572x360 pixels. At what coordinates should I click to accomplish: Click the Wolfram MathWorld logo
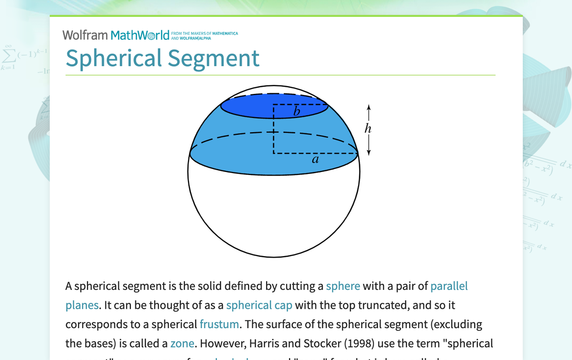[116, 35]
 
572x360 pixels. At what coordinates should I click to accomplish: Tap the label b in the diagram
[297, 112]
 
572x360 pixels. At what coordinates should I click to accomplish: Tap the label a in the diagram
[315, 160]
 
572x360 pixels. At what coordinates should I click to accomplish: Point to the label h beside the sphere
[368, 129]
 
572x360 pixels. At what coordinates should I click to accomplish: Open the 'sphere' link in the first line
[343, 286]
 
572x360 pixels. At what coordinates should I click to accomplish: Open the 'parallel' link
[449, 286]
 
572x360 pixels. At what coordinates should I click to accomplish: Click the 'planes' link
[82, 305]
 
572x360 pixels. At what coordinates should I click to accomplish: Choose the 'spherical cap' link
[259, 305]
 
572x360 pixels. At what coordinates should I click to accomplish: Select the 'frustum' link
[219, 324]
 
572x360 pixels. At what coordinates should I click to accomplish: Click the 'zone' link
[182, 344]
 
